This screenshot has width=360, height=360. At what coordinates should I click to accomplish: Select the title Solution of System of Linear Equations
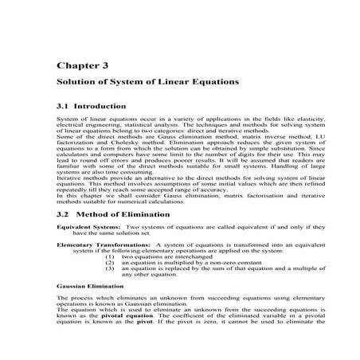tap(147, 82)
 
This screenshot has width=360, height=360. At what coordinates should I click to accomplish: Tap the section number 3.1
tap(64, 106)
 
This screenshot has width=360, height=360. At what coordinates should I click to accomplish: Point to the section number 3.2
tap(64, 214)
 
